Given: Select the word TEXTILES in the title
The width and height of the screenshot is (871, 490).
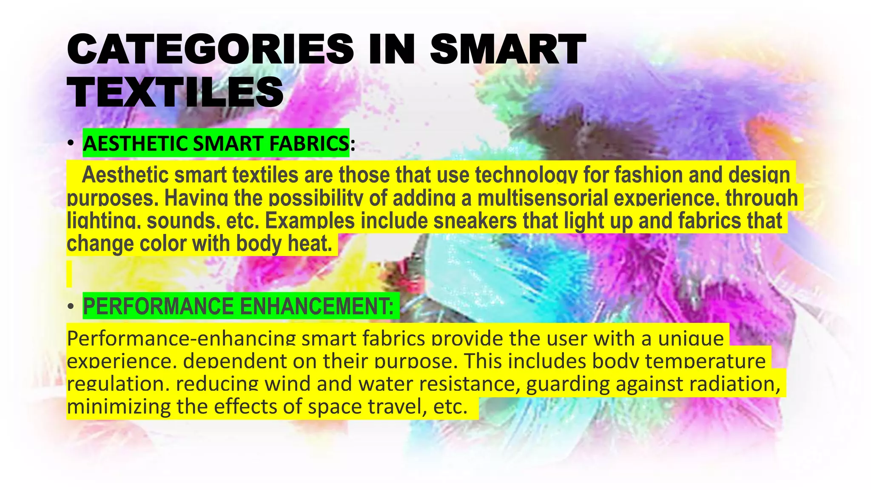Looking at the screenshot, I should coord(175,92).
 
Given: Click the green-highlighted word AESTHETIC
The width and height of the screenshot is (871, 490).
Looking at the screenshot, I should coord(136,144).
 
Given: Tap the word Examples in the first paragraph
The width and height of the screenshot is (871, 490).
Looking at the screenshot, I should coord(310,221).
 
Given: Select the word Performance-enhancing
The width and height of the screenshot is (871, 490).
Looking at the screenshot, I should coord(181,339).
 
